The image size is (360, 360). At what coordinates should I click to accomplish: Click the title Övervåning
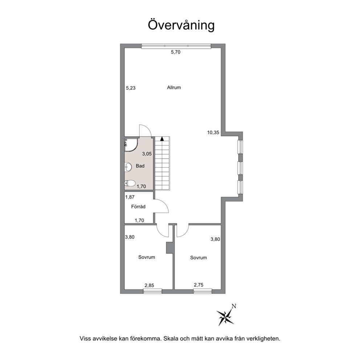(181, 25)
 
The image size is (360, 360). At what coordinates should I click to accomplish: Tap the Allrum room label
(174, 87)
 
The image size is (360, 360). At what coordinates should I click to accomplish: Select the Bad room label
(140, 166)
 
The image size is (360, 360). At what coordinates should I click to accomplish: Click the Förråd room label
(138, 206)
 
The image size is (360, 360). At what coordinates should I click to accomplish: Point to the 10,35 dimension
(213, 132)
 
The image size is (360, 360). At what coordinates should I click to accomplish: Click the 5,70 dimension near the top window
(176, 52)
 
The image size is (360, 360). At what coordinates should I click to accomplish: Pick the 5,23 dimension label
(131, 88)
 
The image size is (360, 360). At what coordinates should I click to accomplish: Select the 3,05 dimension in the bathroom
(147, 154)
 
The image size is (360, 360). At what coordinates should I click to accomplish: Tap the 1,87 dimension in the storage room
(130, 197)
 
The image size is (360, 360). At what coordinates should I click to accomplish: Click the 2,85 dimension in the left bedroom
(149, 285)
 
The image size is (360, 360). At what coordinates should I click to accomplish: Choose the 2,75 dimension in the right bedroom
(199, 285)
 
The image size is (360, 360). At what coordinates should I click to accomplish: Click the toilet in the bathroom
(130, 183)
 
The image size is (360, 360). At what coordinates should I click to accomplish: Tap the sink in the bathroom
(128, 167)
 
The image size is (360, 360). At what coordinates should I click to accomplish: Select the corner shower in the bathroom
(131, 145)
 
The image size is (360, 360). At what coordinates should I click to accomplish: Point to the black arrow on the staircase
(162, 138)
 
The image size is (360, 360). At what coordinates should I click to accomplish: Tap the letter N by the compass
(234, 306)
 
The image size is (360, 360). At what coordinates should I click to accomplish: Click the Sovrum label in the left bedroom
(147, 257)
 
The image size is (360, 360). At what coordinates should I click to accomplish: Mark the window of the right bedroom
(202, 291)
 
